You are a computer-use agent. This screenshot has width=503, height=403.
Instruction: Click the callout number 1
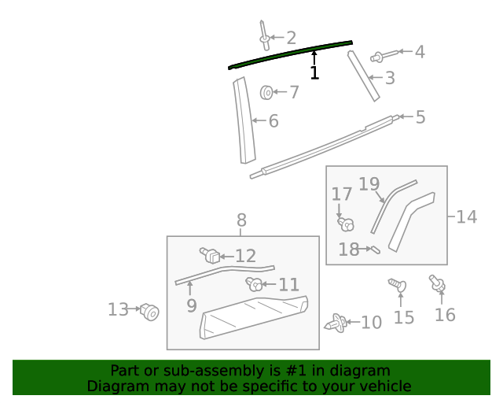314,73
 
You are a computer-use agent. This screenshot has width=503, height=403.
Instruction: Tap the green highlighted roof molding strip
291,54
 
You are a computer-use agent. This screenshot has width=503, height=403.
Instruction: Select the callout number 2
291,37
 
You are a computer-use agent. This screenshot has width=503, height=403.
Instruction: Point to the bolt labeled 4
379,55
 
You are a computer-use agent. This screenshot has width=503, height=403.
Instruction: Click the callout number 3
389,78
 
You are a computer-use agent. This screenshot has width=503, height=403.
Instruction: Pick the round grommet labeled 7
266,93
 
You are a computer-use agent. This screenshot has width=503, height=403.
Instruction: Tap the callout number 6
273,121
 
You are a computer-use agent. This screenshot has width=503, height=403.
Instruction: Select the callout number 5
420,117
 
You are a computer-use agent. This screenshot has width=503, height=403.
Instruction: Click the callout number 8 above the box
241,220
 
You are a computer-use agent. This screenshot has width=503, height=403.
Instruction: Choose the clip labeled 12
210,255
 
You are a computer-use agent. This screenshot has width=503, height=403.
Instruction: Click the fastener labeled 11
255,284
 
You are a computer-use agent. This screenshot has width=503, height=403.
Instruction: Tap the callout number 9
192,305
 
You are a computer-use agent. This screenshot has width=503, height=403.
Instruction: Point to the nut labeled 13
149,312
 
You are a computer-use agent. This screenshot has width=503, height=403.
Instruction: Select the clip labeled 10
336,323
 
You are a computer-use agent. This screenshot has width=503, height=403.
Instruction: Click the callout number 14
466,216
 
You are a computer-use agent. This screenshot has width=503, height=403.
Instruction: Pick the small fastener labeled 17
344,224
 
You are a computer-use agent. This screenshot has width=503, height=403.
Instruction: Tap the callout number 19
369,185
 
